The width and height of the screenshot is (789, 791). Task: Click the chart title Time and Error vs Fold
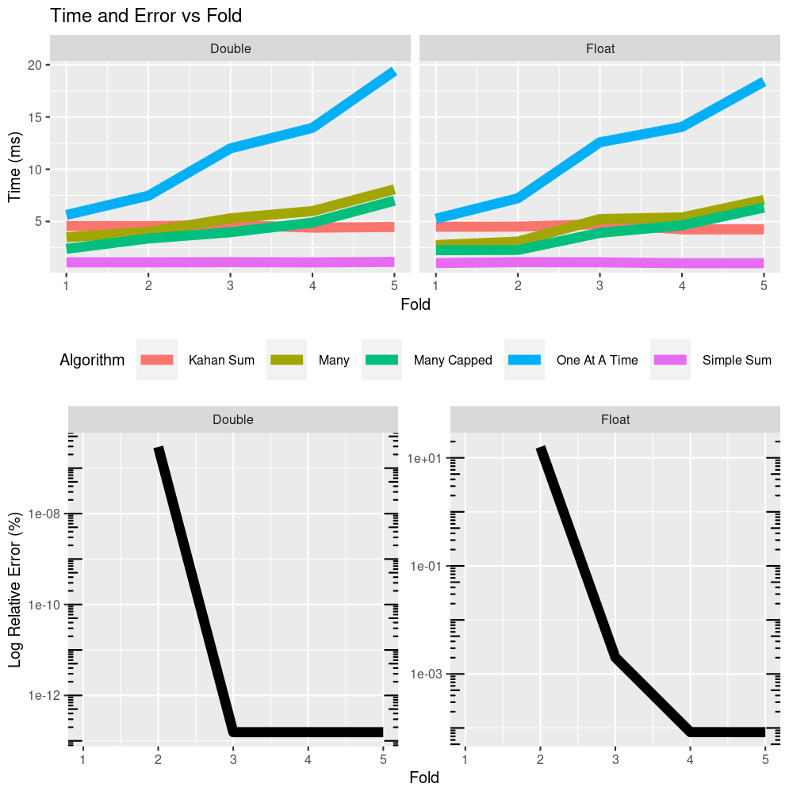[x=146, y=15]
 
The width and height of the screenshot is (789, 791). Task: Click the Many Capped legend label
[x=453, y=360]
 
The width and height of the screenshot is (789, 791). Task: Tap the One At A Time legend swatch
[x=524, y=360]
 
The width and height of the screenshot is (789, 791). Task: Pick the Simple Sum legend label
[x=737, y=360]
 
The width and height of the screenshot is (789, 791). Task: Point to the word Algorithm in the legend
[x=92, y=360]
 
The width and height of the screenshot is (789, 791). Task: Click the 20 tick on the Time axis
[x=34, y=65]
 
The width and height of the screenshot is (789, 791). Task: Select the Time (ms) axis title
[x=15, y=167]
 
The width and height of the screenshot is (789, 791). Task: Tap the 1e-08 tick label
[x=44, y=514]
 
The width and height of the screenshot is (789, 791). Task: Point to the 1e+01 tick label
[x=427, y=458]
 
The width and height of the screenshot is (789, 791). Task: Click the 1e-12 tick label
[x=44, y=695]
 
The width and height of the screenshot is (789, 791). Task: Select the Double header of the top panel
[x=231, y=48]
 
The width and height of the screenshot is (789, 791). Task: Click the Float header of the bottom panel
[x=615, y=419]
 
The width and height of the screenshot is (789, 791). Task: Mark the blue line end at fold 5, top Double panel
[x=393, y=72]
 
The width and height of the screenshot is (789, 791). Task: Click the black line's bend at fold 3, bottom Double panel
[x=233, y=731]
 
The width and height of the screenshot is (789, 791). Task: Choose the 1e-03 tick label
[x=427, y=674]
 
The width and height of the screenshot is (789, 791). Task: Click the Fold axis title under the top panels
[x=416, y=304]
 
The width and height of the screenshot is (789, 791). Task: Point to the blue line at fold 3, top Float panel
[x=600, y=142]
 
